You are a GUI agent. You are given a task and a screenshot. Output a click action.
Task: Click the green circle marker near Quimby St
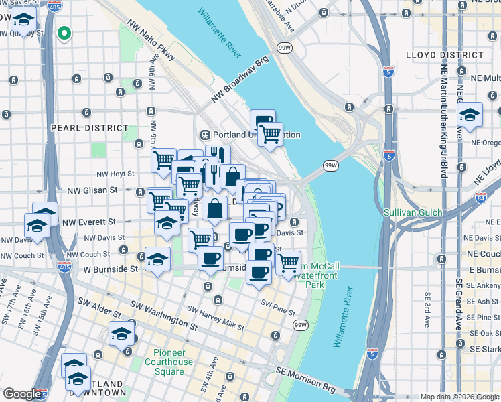point(64,32)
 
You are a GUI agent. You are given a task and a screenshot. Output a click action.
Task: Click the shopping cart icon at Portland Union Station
point(270,133)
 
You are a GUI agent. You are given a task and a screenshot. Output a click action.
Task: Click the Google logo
point(22,395)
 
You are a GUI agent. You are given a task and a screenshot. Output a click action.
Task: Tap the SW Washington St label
point(165,315)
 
